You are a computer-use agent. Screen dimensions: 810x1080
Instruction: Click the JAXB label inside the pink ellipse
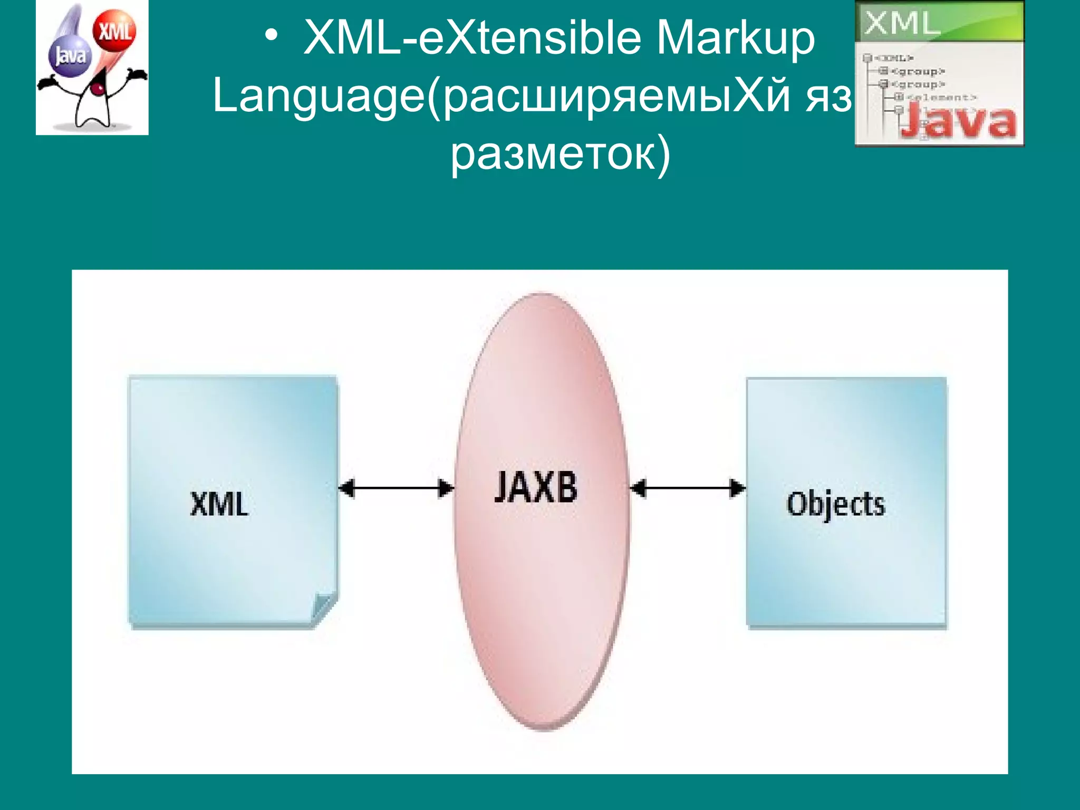tap(536, 487)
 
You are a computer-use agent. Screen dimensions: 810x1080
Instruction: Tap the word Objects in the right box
tap(836, 505)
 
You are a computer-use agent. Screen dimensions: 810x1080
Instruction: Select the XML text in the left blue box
tap(219, 504)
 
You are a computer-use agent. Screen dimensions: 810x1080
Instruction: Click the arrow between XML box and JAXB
tap(396, 488)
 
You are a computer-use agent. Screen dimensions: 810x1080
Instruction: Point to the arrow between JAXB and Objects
tap(688, 488)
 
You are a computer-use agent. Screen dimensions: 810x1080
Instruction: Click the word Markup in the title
tap(736, 38)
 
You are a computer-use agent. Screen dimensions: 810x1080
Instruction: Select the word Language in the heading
tap(319, 96)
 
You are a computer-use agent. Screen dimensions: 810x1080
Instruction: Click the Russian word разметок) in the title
tap(560, 154)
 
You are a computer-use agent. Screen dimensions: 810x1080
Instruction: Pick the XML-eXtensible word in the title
tap(472, 38)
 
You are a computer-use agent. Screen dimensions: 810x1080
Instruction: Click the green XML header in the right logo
tap(939, 22)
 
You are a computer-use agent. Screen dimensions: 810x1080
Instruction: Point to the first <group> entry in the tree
tap(918, 71)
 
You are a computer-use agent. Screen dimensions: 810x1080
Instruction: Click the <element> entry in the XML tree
tap(941, 97)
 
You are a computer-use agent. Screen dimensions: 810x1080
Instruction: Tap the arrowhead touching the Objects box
tap(737, 488)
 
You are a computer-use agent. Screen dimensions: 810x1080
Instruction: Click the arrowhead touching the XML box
tap(346, 488)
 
